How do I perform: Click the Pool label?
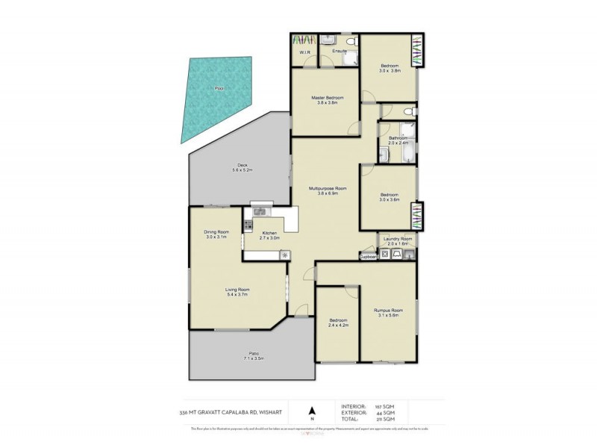tap(219, 89)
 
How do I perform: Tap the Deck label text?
tap(243, 165)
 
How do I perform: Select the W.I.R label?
tap(305, 52)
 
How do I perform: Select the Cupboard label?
tap(369, 256)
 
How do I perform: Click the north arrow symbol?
tap(313, 410)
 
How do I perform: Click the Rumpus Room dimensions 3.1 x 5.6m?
tap(387, 315)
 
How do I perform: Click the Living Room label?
tap(237, 290)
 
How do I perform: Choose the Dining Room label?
tap(216, 232)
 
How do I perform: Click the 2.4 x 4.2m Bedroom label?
tap(339, 326)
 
